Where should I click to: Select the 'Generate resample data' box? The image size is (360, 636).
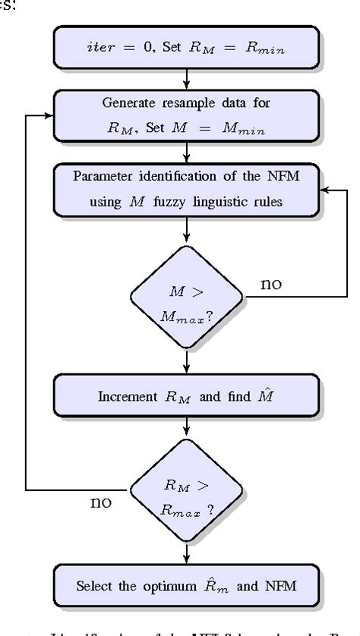[185, 116]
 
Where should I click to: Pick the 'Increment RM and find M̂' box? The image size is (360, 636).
[185, 396]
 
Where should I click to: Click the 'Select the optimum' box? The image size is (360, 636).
[185, 586]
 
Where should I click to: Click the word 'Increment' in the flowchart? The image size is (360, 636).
[125, 397]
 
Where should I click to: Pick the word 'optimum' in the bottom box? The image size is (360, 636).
[182, 587]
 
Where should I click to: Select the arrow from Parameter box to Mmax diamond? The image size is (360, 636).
[185, 229]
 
